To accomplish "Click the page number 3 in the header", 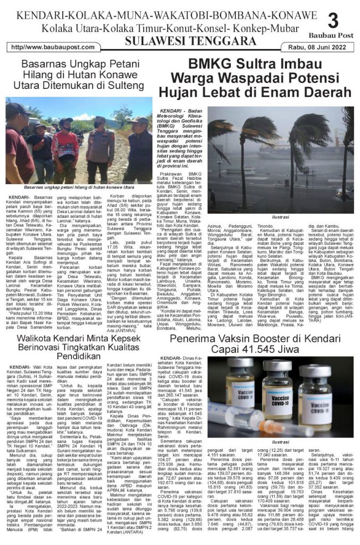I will pyautogui.click(x=333, y=21).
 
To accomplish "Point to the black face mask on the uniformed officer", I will pyautogui.click(x=98, y=124).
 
